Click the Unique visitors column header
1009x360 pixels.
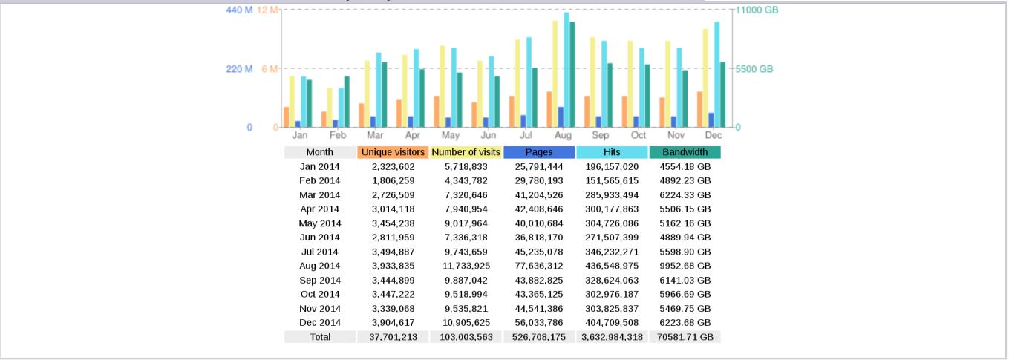click(x=393, y=152)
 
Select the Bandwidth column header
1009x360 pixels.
click(x=685, y=152)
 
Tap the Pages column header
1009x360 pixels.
click(x=539, y=152)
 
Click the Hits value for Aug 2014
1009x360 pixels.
click(x=612, y=266)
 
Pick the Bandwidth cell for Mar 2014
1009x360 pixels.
click(x=685, y=195)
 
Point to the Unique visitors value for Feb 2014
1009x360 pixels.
click(x=393, y=180)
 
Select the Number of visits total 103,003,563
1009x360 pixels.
click(x=466, y=337)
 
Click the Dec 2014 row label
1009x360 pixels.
click(x=320, y=323)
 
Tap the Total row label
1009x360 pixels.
click(x=320, y=337)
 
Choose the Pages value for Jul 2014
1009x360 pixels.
click(x=539, y=252)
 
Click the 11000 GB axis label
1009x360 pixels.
click(x=757, y=10)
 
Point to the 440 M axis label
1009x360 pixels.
click(x=239, y=10)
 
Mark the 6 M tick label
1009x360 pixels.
click(x=268, y=69)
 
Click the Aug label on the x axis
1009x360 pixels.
click(x=563, y=136)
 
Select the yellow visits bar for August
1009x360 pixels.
click(x=555, y=73)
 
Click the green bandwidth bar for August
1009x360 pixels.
click(x=572, y=74)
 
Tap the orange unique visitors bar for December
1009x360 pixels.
click(x=699, y=109)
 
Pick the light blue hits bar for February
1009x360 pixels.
click(x=341, y=108)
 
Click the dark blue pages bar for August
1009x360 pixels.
click(x=561, y=117)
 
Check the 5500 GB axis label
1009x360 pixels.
click(x=755, y=69)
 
